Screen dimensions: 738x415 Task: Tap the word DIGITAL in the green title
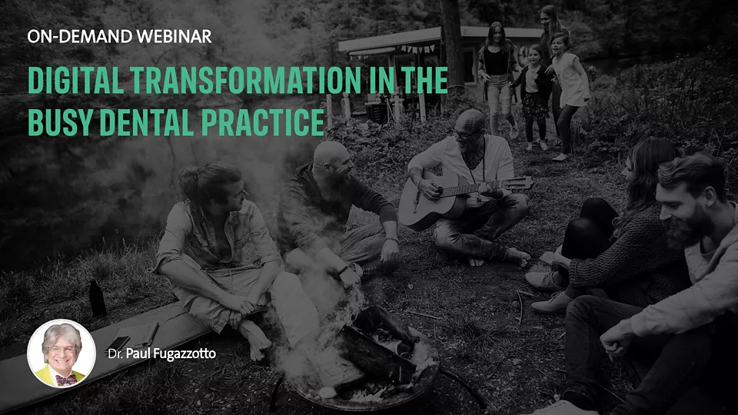click(x=76, y=80)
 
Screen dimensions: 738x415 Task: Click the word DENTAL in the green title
click(x=147, y=122)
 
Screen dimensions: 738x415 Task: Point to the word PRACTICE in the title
click(x=263, y=122)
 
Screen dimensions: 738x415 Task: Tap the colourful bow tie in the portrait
click(x=65, y=380)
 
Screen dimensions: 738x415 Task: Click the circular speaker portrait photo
click(x=61, y=354)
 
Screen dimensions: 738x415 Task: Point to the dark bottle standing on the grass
click(x=97, y=298)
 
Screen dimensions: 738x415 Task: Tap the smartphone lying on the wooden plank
click(x=119, y=343)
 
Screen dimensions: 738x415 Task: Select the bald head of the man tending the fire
click(x=331, y=154)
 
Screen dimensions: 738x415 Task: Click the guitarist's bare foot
click(x=517, y=257)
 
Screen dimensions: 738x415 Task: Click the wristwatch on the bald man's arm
click(x=344, y=270)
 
